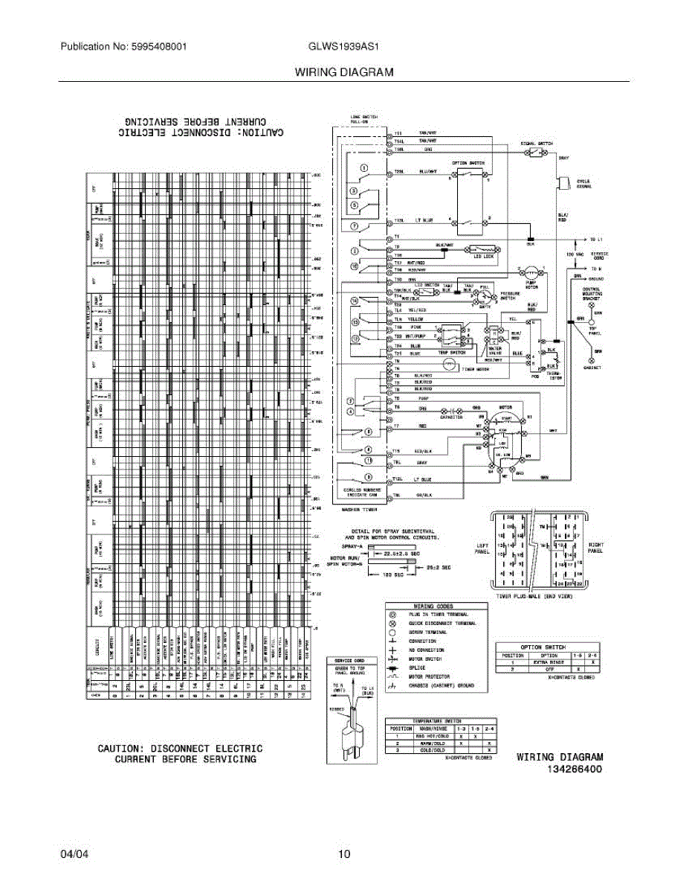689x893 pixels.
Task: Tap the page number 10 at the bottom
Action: click(x=344, y=854)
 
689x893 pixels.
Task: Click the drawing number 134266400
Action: click(x=575, y=768)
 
